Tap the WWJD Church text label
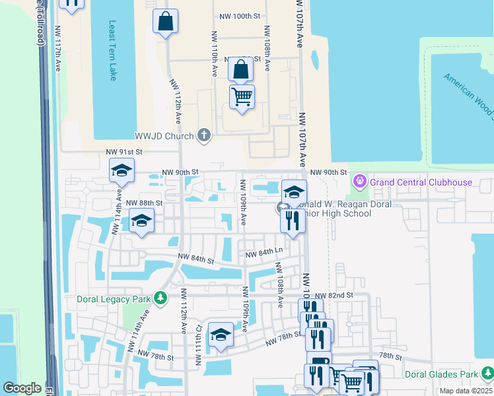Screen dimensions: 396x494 164,137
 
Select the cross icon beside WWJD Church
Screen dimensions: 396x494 204,136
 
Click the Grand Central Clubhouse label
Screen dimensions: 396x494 421,181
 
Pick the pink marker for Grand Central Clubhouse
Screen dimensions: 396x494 360,180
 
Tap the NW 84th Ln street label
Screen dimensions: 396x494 264,252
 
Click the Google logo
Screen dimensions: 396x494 22,388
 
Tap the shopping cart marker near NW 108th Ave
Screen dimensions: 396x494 242,97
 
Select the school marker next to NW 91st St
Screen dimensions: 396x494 122,171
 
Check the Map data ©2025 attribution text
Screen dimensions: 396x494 466,391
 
